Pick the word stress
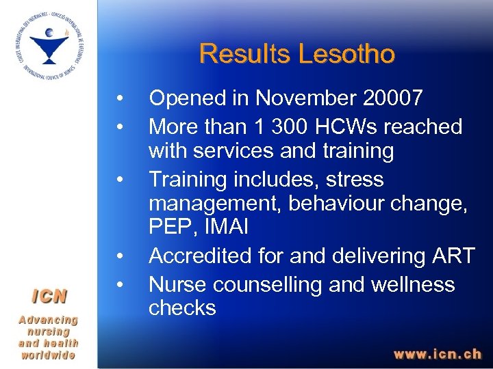pyautogui.click(x=355, y=180)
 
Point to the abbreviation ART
pyautogui.click(x=452, y=256)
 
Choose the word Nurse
pyautogui.click(x=177, y=284)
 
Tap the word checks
pyautogui.click(x=182, y=308)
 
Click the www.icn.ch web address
pyautogui.click(x=437, y=354)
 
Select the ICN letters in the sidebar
pyautogui.click(x=49, y=296)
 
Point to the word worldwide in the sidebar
pyautogui.click(x=49, y=355)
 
